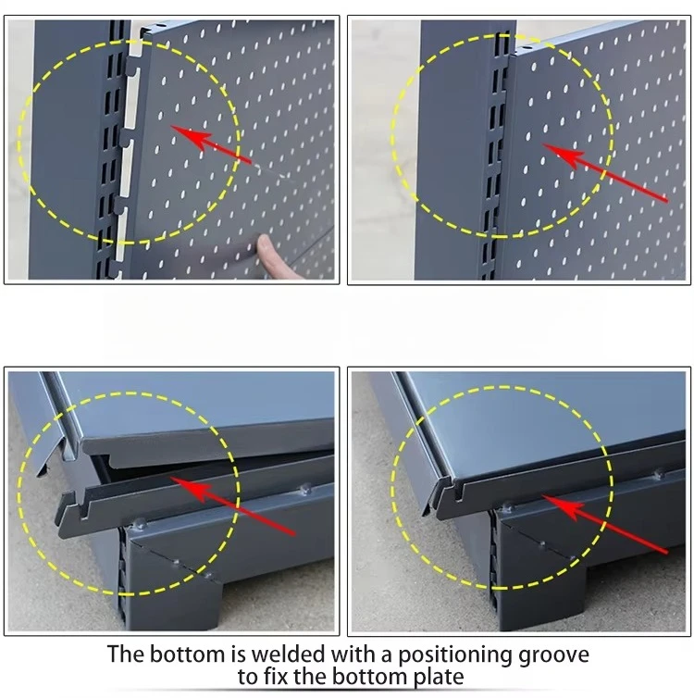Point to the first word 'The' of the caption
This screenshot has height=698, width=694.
tap(126, 654)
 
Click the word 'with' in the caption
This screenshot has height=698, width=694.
tap(353, 654)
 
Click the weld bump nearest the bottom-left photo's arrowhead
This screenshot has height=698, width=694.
tap(140, 524)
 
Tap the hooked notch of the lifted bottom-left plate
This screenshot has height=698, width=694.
tap(83, 511)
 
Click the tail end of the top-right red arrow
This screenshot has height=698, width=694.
tap(667, 201)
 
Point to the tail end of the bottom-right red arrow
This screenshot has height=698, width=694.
tap(667, 553)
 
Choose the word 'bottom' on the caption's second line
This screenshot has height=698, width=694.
tap(369, 677)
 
